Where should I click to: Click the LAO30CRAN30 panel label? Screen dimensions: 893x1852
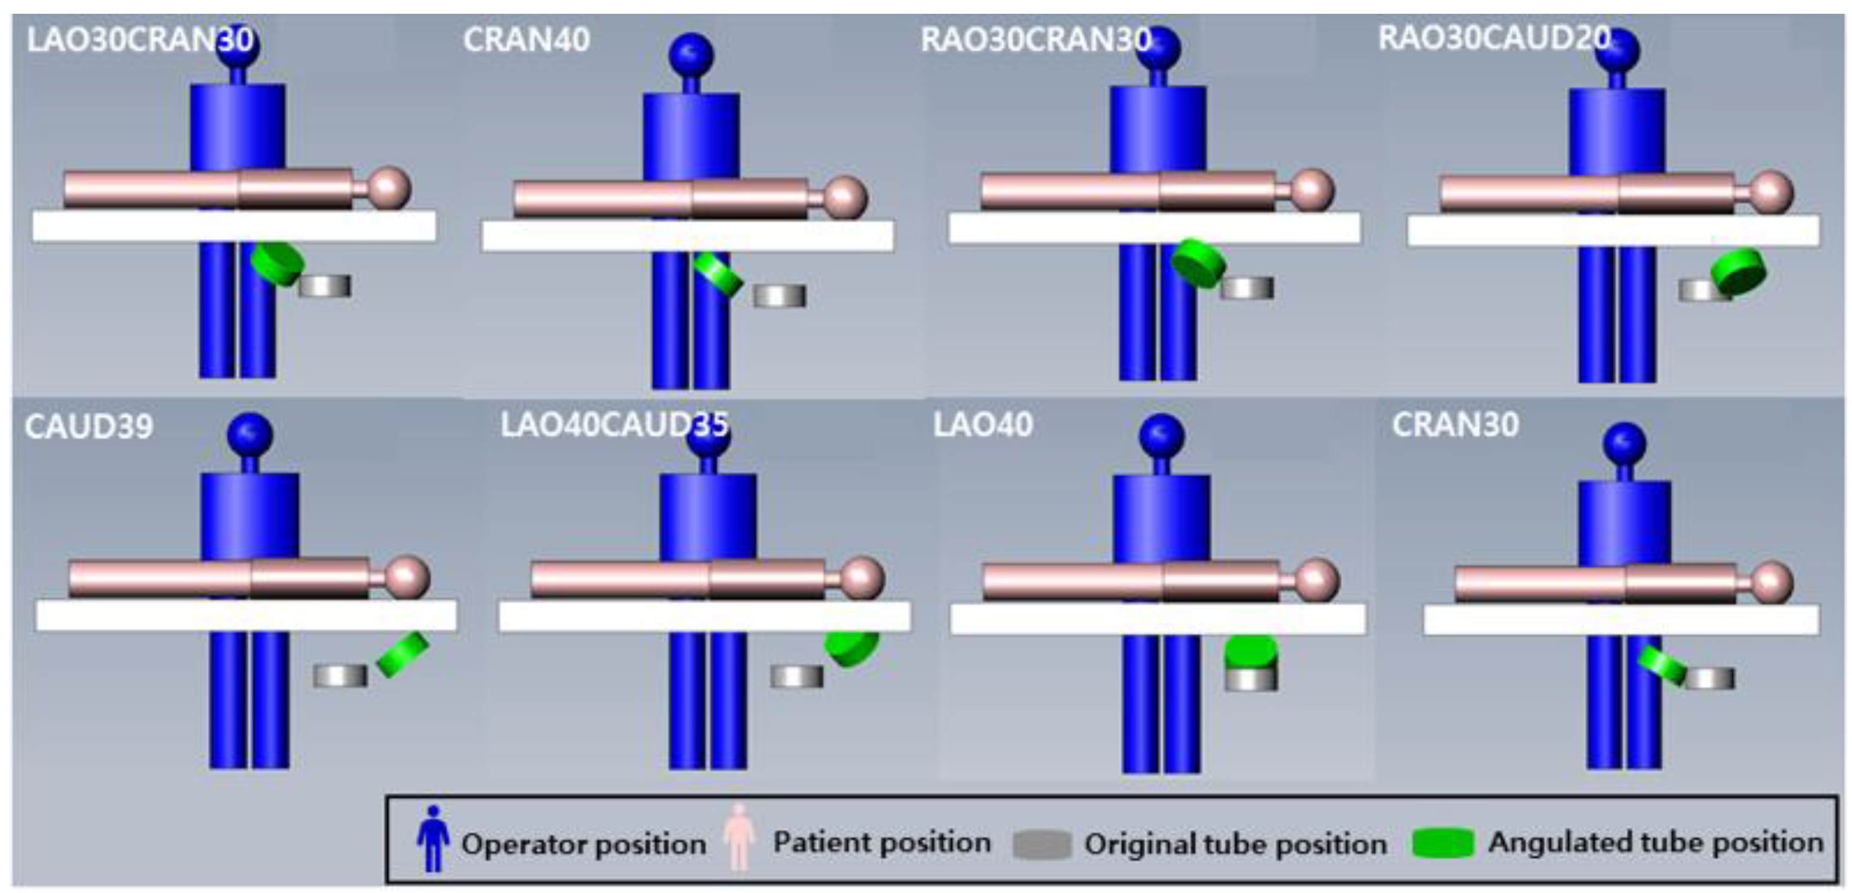click(140, 40)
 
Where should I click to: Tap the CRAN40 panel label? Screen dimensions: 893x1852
click(526, 40)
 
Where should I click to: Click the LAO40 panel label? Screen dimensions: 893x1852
click(983, 425)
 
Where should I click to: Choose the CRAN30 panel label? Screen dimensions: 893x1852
click(1456, 425)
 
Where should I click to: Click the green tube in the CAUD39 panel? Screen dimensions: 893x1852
click(403, 655)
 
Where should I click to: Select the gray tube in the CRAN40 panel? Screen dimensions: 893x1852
click(780, 296)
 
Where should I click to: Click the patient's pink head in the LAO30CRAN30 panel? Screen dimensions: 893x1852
click(389, 188)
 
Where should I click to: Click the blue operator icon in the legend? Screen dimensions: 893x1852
click(433, 838)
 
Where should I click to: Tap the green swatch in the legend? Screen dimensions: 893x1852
click(1443, 843)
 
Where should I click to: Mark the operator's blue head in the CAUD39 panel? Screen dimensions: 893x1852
click(250, 435)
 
